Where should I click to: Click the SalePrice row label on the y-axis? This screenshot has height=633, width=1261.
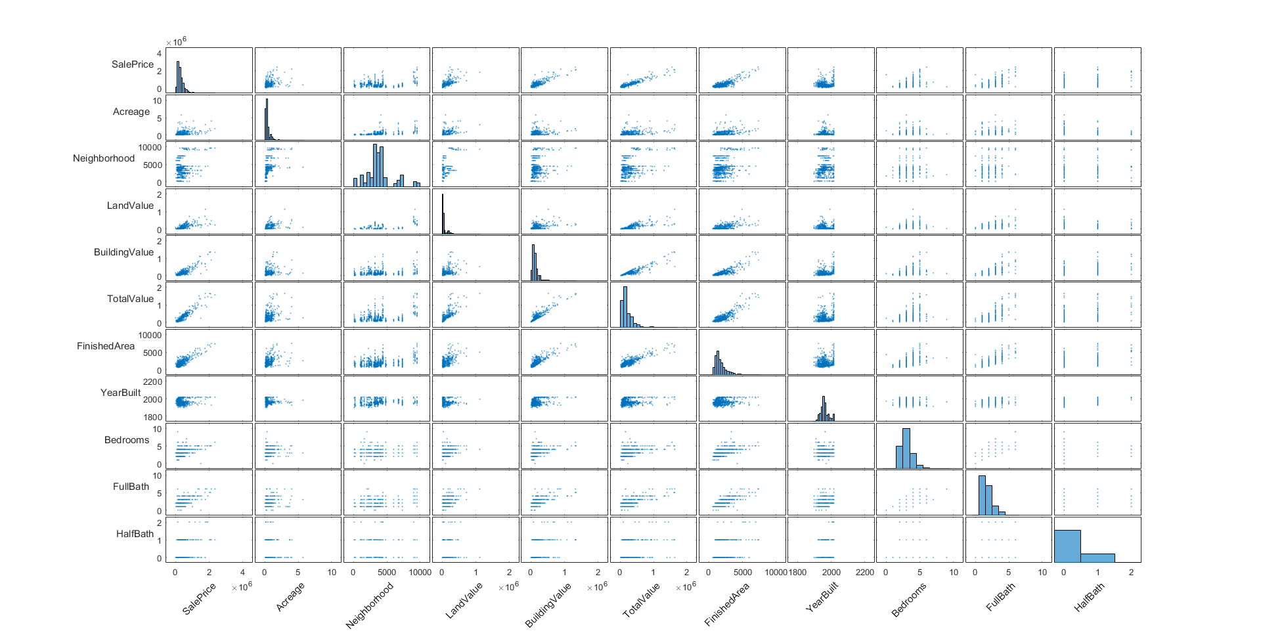click(132, 64)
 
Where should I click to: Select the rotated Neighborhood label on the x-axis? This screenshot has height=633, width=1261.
click(370, 605)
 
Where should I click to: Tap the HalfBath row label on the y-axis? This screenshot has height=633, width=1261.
click(135, 534)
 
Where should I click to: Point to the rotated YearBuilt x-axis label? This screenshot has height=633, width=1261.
click(822, 597)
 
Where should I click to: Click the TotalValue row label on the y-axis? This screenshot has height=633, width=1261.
click(130, 299)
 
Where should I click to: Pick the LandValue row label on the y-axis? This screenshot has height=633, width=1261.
click(130, 206)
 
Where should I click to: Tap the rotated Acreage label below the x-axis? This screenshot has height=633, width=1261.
click(290, 597)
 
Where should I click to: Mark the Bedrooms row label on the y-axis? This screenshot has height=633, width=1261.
click(127, 440)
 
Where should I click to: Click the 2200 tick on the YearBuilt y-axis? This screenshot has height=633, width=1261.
click(152, 382)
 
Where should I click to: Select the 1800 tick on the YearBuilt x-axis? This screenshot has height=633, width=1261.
click(797, 573)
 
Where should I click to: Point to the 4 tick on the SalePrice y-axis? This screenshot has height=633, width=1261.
click(159, 54)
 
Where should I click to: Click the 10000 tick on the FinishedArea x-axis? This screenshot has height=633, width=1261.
click(776, 573)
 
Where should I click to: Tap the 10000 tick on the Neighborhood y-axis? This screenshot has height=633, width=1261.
click(150, 148)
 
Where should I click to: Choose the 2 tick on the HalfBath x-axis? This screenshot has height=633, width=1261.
click(1131, 573)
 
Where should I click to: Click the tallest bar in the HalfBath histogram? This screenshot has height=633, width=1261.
click(1067, 546)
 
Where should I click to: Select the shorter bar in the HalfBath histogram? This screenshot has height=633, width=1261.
click(1097, 557)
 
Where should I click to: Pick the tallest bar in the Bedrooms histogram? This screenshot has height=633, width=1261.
click(906, 448)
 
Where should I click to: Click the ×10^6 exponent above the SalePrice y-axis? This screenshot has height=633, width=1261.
click(176, 41)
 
